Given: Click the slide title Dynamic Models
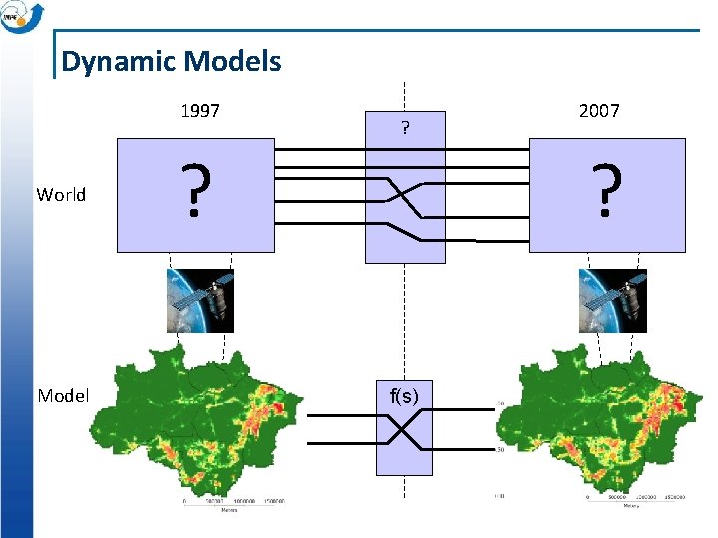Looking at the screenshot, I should [171, 62].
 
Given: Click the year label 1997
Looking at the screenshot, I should [200, 111].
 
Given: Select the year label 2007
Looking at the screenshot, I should [599, 111].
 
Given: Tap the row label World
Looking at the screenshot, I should [61, 195].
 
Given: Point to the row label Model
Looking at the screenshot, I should [63, 396].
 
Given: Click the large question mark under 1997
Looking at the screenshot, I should [196, 192].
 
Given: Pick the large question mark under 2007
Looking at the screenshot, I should [606, 192].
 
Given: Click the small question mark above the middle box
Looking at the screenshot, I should [404, 128].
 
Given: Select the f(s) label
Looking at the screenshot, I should [404, 396].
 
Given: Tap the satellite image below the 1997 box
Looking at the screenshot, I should [199, 301].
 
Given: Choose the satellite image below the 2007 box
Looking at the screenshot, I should [613, 301].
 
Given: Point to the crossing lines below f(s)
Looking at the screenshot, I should [404, 431].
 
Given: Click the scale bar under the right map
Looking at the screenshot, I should [628, 501].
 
